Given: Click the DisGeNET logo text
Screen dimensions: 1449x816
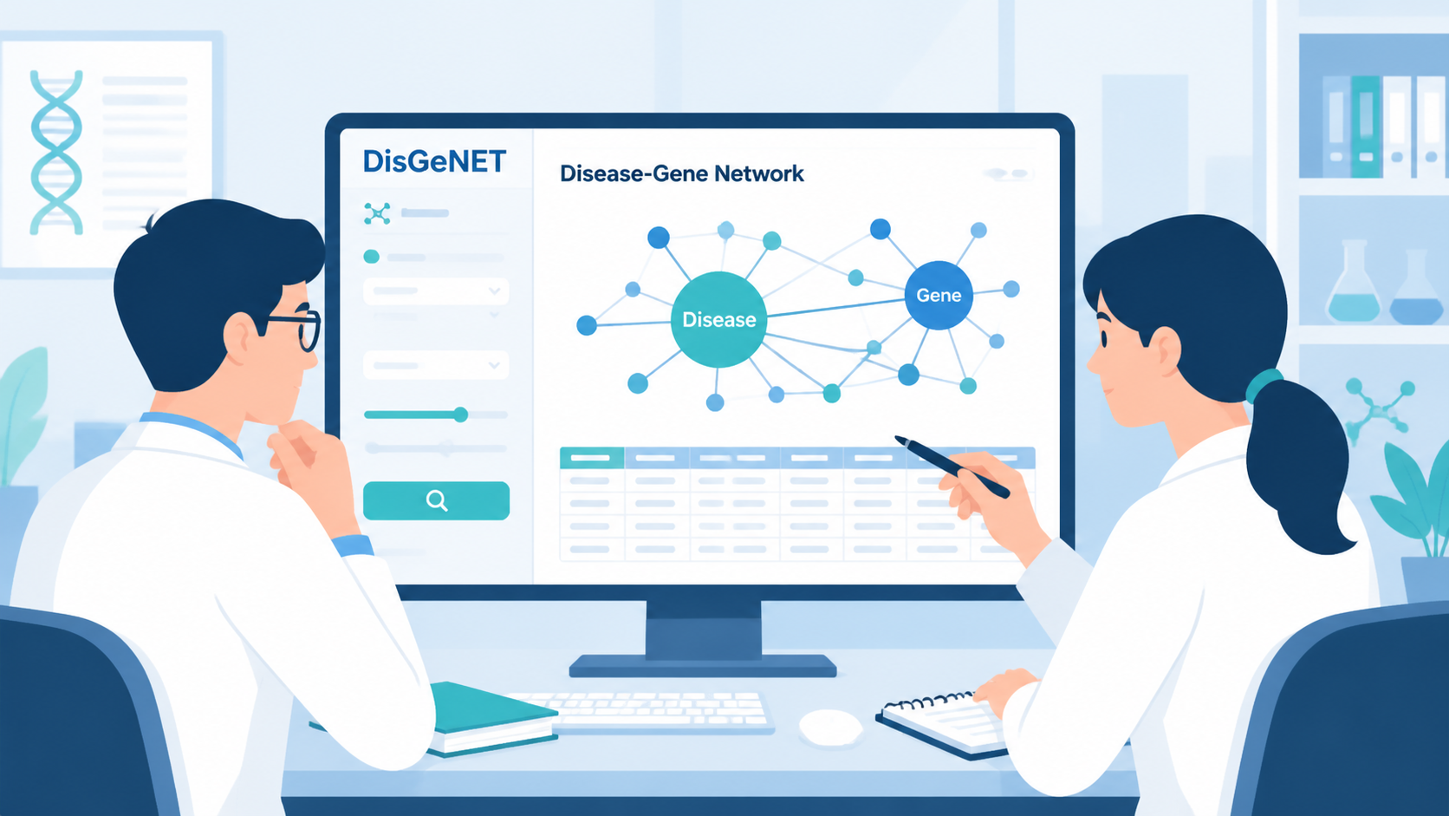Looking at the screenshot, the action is point(434,161).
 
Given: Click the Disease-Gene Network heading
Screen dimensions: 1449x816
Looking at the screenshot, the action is point(682,173).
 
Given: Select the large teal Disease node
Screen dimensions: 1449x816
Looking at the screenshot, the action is point(718,320).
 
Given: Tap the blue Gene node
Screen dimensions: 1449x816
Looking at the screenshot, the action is point(939,295).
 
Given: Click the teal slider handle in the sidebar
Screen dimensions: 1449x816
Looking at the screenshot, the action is point(460,415).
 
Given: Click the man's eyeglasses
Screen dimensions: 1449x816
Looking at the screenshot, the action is point(297,328).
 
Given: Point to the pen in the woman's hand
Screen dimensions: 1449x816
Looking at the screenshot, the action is point(952,466).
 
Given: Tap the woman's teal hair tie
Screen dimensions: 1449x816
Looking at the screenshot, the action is point(1263,386).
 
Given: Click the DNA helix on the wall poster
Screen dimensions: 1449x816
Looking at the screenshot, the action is point(56,152).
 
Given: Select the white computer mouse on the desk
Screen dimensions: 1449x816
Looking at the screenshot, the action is point(830,727).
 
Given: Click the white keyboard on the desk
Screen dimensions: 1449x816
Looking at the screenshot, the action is point(653,712).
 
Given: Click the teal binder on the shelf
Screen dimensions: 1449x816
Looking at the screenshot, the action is point(1365,127).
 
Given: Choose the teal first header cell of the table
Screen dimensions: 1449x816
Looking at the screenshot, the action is point(591,458).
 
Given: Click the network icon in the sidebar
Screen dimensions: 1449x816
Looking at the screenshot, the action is point(377,213).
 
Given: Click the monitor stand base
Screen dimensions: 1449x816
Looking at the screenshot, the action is point(703,666).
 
